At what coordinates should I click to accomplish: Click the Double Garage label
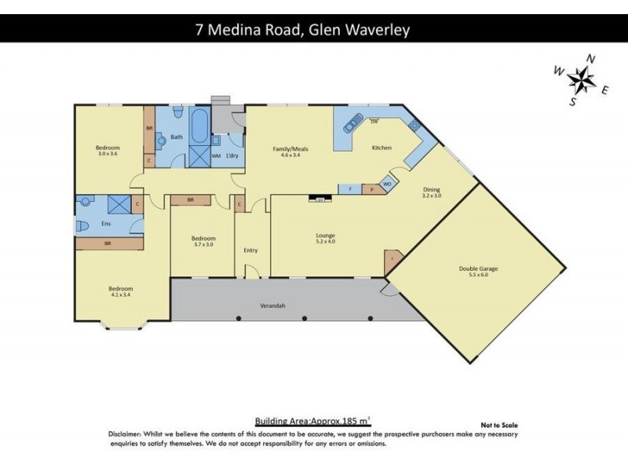(x=478, y=268)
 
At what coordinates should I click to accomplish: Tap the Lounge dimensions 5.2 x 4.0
(x=325, y=241)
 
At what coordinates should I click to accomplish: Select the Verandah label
(x=272, y=305)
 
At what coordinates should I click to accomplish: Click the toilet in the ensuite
(x=84, y=225)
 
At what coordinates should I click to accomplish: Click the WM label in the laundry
(x=215, y=155)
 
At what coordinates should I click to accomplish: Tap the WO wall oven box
(x=387, y=184)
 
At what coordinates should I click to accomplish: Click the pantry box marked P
(x=371, y=189)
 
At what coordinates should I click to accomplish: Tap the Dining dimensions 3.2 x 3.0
(x=433, y=195)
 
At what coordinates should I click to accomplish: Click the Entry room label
(x=250, y=250)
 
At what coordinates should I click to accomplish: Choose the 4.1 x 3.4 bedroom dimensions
(x=121, y=296)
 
